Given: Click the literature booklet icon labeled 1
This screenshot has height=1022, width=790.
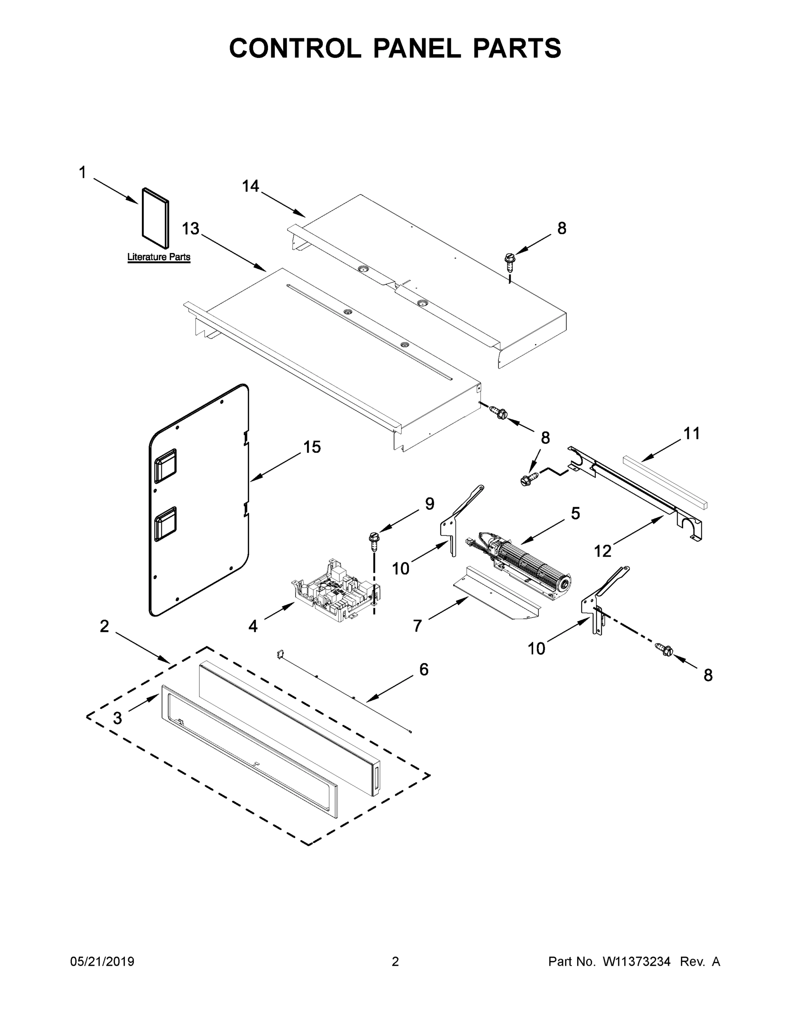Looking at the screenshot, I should (155, 218).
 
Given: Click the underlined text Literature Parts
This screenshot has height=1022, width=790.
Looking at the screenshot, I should (159, 257).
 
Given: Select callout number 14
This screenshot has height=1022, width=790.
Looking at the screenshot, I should (250, 186).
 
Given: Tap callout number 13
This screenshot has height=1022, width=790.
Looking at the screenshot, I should (190, 229).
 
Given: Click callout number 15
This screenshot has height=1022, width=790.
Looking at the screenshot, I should (312, 447).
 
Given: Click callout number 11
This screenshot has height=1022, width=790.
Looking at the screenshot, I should (692, 433).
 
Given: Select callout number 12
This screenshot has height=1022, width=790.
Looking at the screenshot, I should (603, 551).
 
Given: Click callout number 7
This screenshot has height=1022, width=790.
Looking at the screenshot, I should (417, 625).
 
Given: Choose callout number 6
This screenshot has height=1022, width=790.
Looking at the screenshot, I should (424, 670).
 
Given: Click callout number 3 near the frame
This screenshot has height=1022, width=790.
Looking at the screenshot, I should (118, 718).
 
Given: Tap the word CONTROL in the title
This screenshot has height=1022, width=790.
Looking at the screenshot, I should (295, 48).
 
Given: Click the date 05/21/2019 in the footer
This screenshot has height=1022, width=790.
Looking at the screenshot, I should (102, 961).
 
